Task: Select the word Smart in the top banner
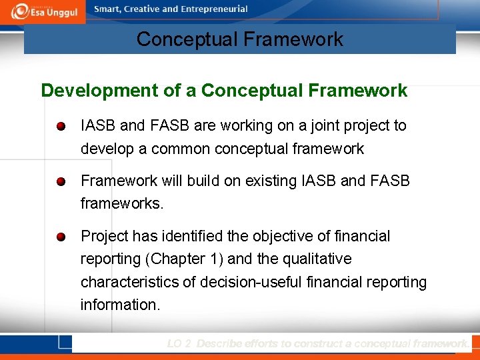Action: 109,9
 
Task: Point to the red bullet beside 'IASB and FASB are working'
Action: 61,126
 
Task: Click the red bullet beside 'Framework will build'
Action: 61,181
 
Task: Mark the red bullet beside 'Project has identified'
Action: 61,237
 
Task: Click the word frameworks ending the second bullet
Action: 121,203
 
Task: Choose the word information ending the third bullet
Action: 120,305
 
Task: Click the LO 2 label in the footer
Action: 179,343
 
